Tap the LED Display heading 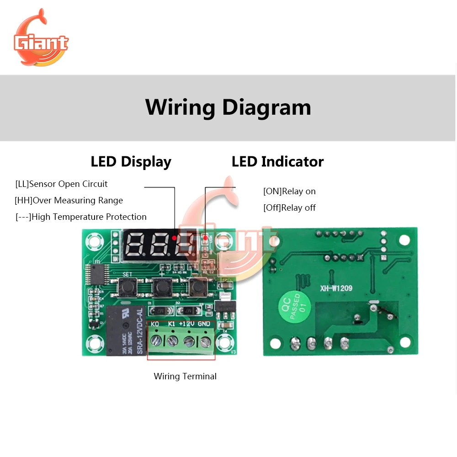coord(131,162)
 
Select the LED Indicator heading coord(277,162)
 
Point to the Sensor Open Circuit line coord(61,184)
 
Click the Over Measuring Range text coord(69,201)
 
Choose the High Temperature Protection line coord(81,217)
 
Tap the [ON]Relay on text coord(289,191)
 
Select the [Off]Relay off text coord(289,208)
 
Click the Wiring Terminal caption coord(185,377)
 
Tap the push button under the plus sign coord(161,287)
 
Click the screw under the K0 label coord(156,340)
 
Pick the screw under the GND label coord(203,340)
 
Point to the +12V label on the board coord(187,324)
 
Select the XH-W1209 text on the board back coord(336,288)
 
